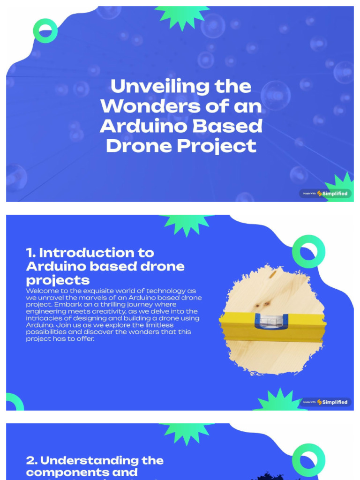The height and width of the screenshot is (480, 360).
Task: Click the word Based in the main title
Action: (x=234, y=126)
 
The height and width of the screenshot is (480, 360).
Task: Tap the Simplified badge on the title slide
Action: (x=325, y=193)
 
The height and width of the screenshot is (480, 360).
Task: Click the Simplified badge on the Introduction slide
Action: (x=325, y=402)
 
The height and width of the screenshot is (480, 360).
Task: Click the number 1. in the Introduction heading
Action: (x=31, y=253)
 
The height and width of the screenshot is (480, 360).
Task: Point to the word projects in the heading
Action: (x=58, y=280)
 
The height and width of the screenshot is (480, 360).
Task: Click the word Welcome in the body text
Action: (x=43, y=291)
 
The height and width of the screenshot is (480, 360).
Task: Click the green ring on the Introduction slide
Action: (x=308, y=252)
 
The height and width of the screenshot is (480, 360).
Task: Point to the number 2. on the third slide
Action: (x=31, y=460)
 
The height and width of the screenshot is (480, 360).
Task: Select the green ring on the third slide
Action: (x=308, y=460)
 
